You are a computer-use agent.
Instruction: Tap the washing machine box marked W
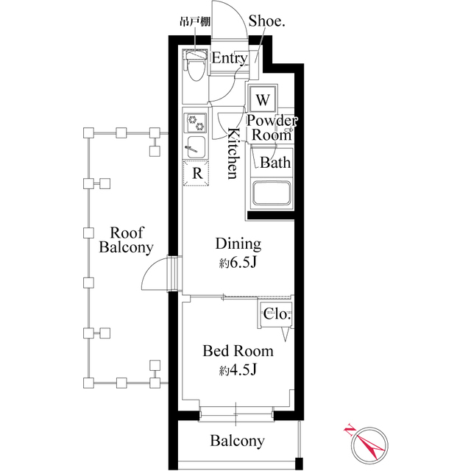click(x=263, y=99)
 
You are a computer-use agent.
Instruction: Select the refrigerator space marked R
click(x=196, y=173)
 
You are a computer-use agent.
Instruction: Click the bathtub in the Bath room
click(x=272, y=194)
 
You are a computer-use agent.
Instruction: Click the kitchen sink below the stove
click(x=196, y=145)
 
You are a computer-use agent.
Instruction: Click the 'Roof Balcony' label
click(x=126, y=238)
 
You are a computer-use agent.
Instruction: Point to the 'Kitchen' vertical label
click(x=231, y=153)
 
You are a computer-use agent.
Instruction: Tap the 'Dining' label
click(x=238, y=244)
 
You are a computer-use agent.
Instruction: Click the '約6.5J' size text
click(x=237, y=263)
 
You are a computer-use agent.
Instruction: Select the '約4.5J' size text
click(x=237, y=369)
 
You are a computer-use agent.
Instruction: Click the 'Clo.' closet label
click(x=277, y=314)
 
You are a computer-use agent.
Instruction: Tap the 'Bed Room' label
click(x=238, y=351)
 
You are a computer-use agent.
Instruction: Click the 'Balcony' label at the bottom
click(x=237, y=441)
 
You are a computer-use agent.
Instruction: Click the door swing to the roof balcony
click(x=156, y=276)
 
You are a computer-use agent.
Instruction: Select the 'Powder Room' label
click(x=272, y=127)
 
